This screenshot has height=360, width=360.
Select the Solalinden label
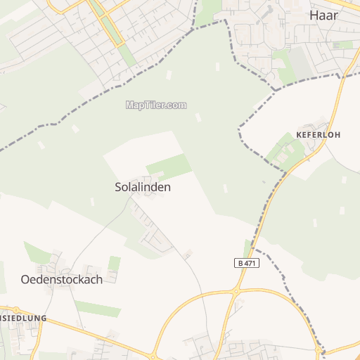(143, 188)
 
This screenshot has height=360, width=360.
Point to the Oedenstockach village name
(62, 279)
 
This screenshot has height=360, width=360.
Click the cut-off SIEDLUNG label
(23, 318)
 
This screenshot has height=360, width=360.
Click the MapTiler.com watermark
(156, 105)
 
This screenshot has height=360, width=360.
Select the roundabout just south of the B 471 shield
(237, 290)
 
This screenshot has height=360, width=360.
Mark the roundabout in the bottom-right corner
(321, 349)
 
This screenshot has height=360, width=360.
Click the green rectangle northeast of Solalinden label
(169, 167)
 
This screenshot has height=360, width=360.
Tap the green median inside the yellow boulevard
(111, 28)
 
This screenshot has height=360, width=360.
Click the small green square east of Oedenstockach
(115, 264)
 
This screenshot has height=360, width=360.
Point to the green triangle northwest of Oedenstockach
(35, 252)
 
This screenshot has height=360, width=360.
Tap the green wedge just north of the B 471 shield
(247, 248)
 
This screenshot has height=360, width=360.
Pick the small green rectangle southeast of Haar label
(344, 44)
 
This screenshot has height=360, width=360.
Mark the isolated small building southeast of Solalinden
(188, 254)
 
